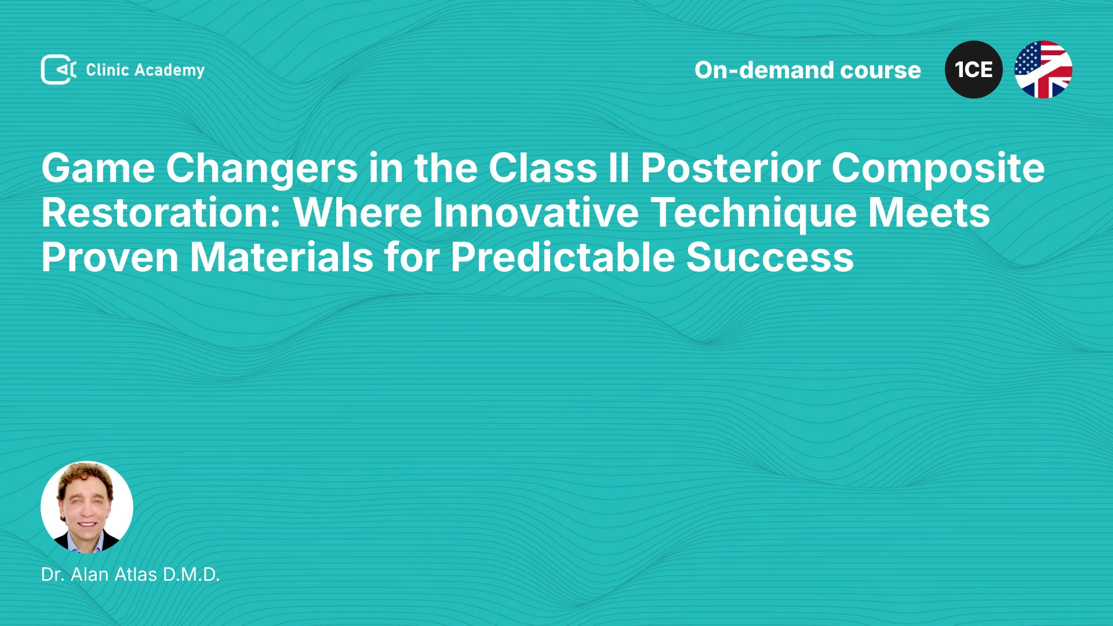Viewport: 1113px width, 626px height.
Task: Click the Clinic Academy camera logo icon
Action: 59,70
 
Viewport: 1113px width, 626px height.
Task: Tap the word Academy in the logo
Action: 169,71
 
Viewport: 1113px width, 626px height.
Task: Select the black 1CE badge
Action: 974,70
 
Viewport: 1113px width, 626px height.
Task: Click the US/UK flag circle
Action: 1043,70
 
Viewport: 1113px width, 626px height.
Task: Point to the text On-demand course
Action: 808,70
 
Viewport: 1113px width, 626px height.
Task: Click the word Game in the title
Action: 98,168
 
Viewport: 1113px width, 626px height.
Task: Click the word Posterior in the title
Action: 730,168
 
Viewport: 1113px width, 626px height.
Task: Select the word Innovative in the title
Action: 536,213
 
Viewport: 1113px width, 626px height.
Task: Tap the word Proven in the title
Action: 110,258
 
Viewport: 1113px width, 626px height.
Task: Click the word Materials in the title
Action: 282,258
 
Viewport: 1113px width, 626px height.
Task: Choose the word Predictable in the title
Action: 562,258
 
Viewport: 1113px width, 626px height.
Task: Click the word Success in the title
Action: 770,258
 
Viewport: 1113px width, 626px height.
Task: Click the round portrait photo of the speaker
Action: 87,507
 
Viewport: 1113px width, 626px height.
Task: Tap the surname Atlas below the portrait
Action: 136,574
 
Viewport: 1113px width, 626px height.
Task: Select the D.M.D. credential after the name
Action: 191,574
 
